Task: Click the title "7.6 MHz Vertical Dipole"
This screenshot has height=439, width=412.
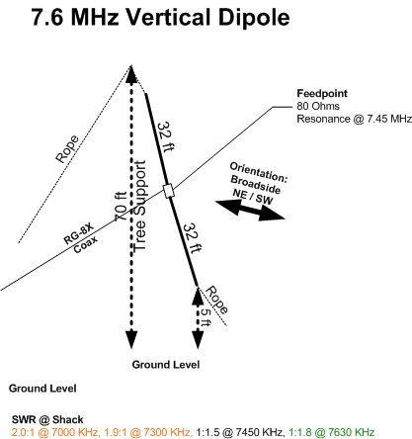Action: coord(160,17)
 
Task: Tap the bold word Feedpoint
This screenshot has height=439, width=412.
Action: coord(322,94)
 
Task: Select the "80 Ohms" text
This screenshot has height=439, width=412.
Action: coord(318,106)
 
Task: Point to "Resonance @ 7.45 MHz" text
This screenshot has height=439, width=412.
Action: coord(354,119)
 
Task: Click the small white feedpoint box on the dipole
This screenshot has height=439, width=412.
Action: coord(169,191)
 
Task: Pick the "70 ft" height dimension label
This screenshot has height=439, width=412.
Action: coord(121,207)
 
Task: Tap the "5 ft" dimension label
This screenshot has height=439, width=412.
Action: coord(206,316)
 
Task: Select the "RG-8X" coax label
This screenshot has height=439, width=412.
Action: coord(79,234)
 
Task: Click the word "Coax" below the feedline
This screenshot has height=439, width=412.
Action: coord(85,244)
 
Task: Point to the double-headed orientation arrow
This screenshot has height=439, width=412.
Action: coord(250,210)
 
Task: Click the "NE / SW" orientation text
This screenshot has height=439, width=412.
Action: coord(253,197)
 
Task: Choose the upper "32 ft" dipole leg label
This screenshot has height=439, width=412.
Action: coord(165,136)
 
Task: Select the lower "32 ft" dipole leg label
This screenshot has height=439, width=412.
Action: coord(192,238)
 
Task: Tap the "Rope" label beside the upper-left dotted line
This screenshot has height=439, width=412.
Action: coord(67,149)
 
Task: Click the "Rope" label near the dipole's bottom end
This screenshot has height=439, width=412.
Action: coord(216,301)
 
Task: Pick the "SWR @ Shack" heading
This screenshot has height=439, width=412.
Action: coord(47,419)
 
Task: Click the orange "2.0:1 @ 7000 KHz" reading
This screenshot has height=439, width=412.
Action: coord(55,432)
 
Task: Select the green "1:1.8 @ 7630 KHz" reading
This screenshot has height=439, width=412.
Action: coord(332,432)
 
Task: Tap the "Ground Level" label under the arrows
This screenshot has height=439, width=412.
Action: coord(166,365)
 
